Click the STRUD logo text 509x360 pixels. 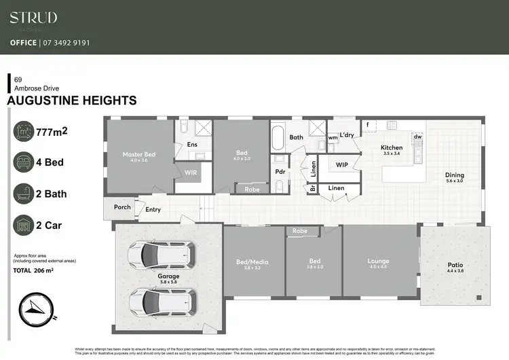click(x=33, y=18)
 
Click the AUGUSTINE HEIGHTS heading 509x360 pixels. click(x=71, y=101)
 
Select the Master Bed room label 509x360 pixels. click(x=138, y=155)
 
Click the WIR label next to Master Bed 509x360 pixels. click(x=191, y=173)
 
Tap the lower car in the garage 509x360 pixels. click(x=162, y=299)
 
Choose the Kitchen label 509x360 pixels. click(x=392, y=147)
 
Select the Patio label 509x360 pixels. click(x=455, y=266)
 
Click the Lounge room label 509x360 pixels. click(x=378, y=261)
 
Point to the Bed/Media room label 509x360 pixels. click(x=254, y=261)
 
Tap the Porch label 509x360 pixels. click(x=122, y=207)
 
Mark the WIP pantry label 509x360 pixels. click(x=341, y=164)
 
